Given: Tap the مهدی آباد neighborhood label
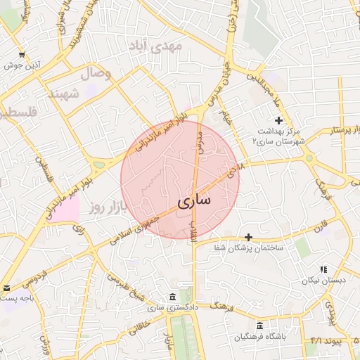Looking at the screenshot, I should (x=155, y=46).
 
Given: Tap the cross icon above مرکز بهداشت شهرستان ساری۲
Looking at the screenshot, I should (x=279, y=121).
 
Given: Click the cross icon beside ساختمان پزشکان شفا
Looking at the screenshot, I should (x=247, y=237).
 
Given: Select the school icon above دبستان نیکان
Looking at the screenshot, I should (x=323, y=269).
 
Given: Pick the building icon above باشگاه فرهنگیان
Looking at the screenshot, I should (x=260, y=326).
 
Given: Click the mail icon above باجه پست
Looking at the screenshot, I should (x=6, y=288).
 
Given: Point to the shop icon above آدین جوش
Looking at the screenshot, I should (x=22, y=55).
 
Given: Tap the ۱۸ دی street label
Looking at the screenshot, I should (x=236, y=169).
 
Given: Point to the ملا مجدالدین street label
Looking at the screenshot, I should (x=271, y=90).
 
